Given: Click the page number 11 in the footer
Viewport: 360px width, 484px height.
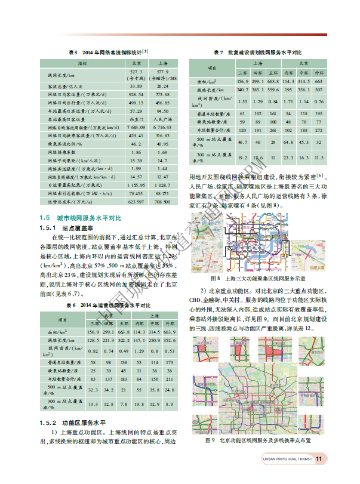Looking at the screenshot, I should pyautogui.click(x=319, y=459).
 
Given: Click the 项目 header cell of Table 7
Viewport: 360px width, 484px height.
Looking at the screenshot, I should pyautogui.click(x=211, y=67).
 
